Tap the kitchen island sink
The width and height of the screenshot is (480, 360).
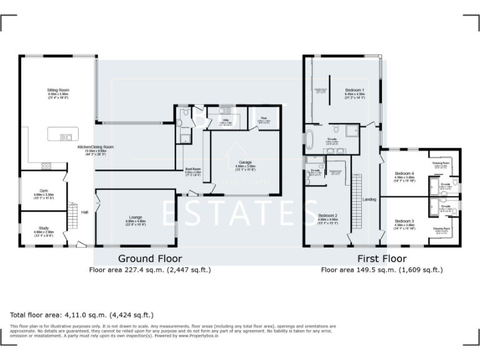pyautogui.click(x=65, y=136)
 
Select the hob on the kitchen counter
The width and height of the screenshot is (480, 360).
pyautogui.click(x=46, y=166)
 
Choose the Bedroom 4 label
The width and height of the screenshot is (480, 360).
pyautogui.click(x=404, y=174)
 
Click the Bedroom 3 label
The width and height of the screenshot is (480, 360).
pyautogui.click(x=404, y=222)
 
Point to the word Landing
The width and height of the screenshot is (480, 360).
pyautogui.click(x=369, y=199)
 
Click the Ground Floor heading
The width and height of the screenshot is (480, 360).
pyautogui.click(x=151, y=258)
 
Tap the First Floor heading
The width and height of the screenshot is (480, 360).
pyautogui.click(x=382, y=258)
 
